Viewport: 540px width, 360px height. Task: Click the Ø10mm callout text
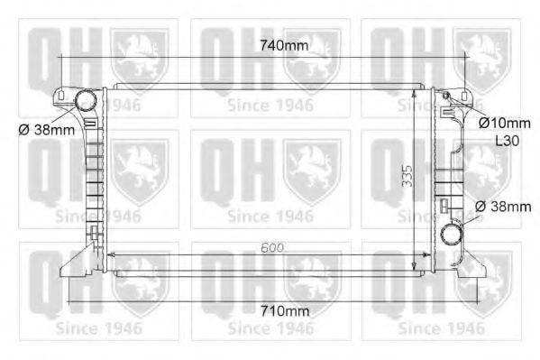click(x=505, y=122)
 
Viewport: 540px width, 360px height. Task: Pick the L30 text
click(x=507, y=141)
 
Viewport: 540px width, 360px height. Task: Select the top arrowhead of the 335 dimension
click(x=414, y=91)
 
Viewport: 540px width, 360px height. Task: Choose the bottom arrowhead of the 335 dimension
click(x=414, y=266)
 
